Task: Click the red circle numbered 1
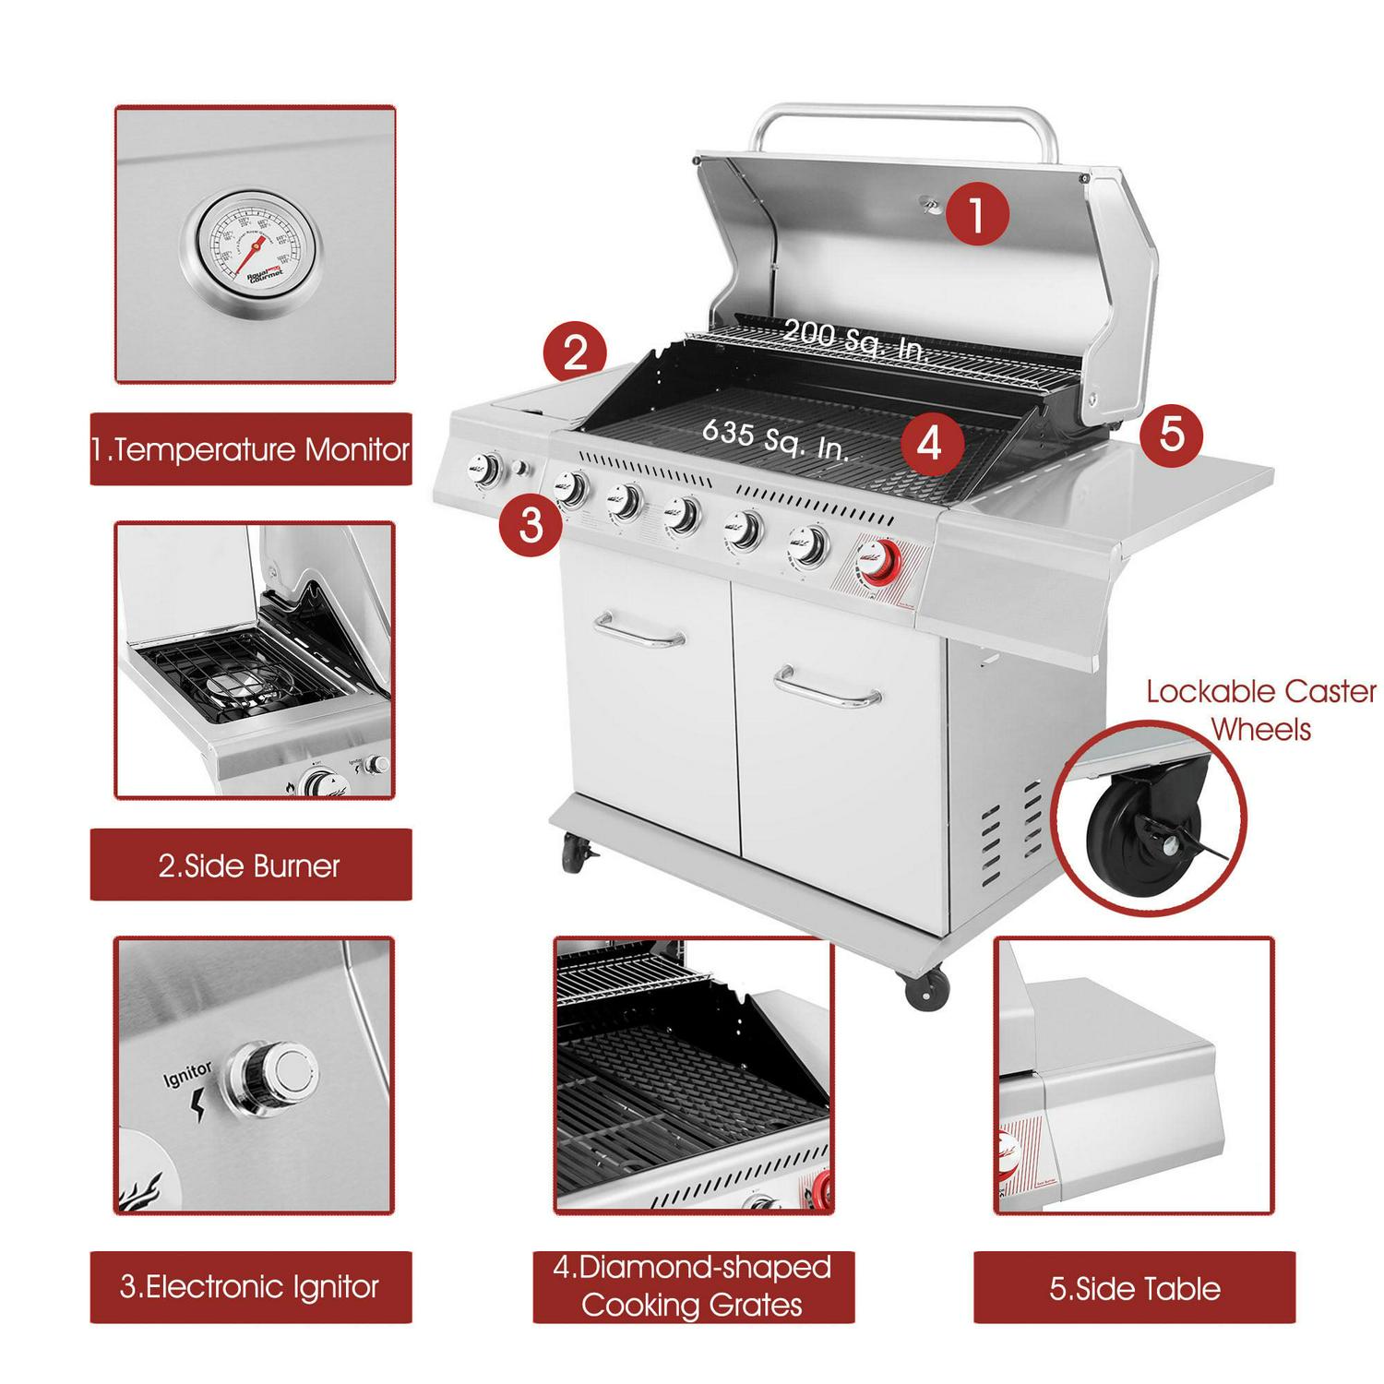tap(976, 214)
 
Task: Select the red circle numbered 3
tap(531, 525)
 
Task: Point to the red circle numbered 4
tap(929, 443)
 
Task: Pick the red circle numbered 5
tap(1171, 434)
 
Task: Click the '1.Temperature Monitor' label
tap(250, 449)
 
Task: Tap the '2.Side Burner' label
tap(250, 865)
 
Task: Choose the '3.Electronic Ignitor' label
tap(250, 1286)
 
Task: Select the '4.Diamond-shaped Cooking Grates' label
tap(693, 1286)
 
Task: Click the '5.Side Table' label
tap(1134, 1288)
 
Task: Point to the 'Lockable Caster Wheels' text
tap(1260, 710)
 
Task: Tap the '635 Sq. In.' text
tap(775, 438)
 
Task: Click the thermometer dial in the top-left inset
tap(253, 249)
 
